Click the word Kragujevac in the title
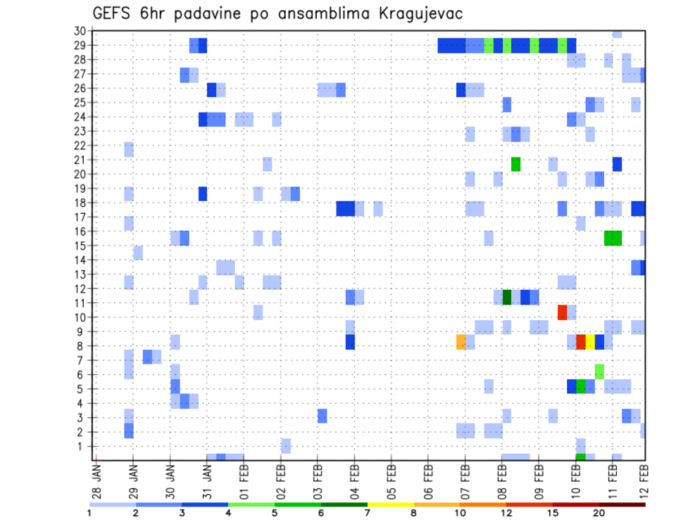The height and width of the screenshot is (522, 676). [412, 14]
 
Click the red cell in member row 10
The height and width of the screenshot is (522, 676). [563, 312]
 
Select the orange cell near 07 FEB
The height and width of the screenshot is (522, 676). [461, 342]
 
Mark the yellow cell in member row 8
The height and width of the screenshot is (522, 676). [590, 342]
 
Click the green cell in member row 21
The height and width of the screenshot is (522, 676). [516, 164]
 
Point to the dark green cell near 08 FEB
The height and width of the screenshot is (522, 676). [507, 297]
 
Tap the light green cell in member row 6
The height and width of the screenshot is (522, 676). [599, 371]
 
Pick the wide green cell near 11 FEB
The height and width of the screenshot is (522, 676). [613, 238]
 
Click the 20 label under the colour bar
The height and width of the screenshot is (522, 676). [599, 513]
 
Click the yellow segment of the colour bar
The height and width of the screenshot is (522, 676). [391, 504]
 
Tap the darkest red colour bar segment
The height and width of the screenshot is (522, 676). [622, 504]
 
